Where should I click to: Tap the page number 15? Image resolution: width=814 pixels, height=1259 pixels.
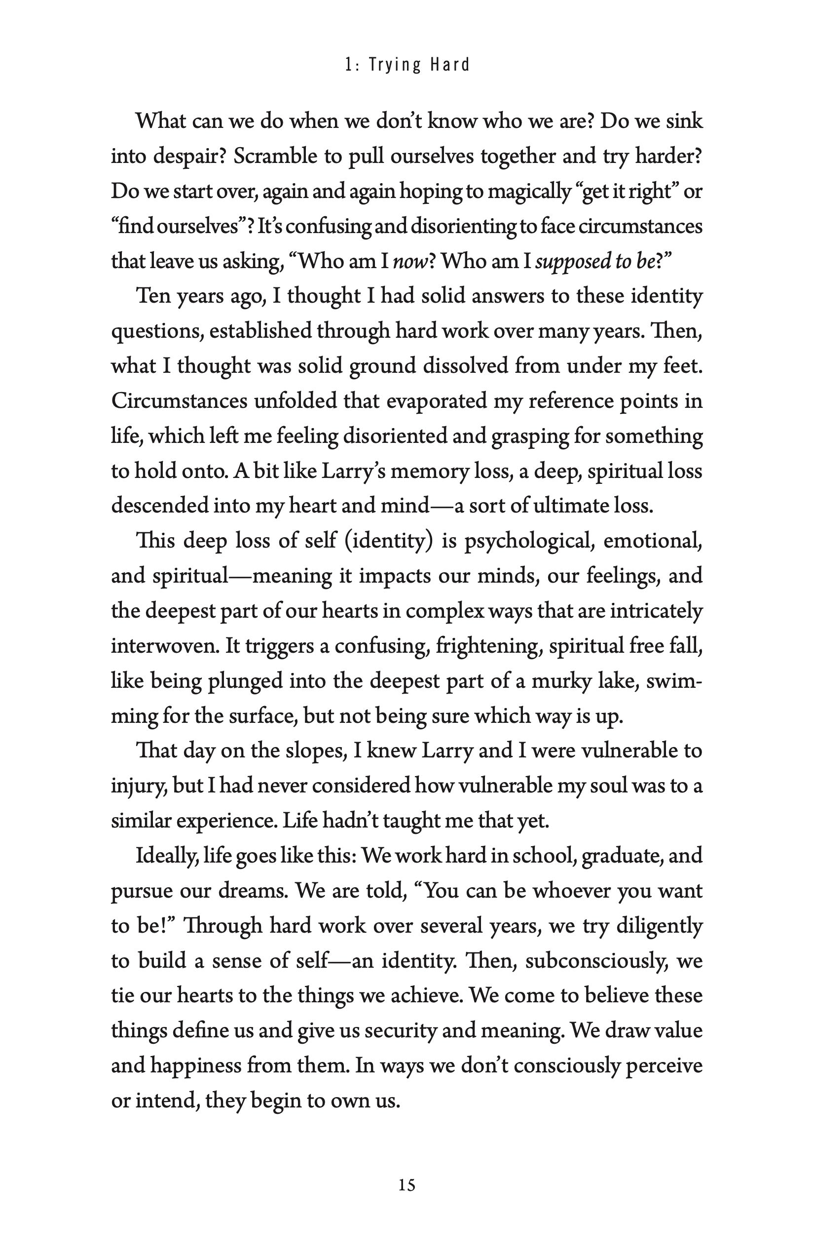click(x=407, y=1185)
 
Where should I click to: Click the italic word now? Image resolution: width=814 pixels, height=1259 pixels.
click(x=409, y=262)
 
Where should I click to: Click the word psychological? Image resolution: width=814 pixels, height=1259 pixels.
click(x=529, y=541)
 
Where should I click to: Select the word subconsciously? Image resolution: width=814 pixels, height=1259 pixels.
click(x=597, y=961)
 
